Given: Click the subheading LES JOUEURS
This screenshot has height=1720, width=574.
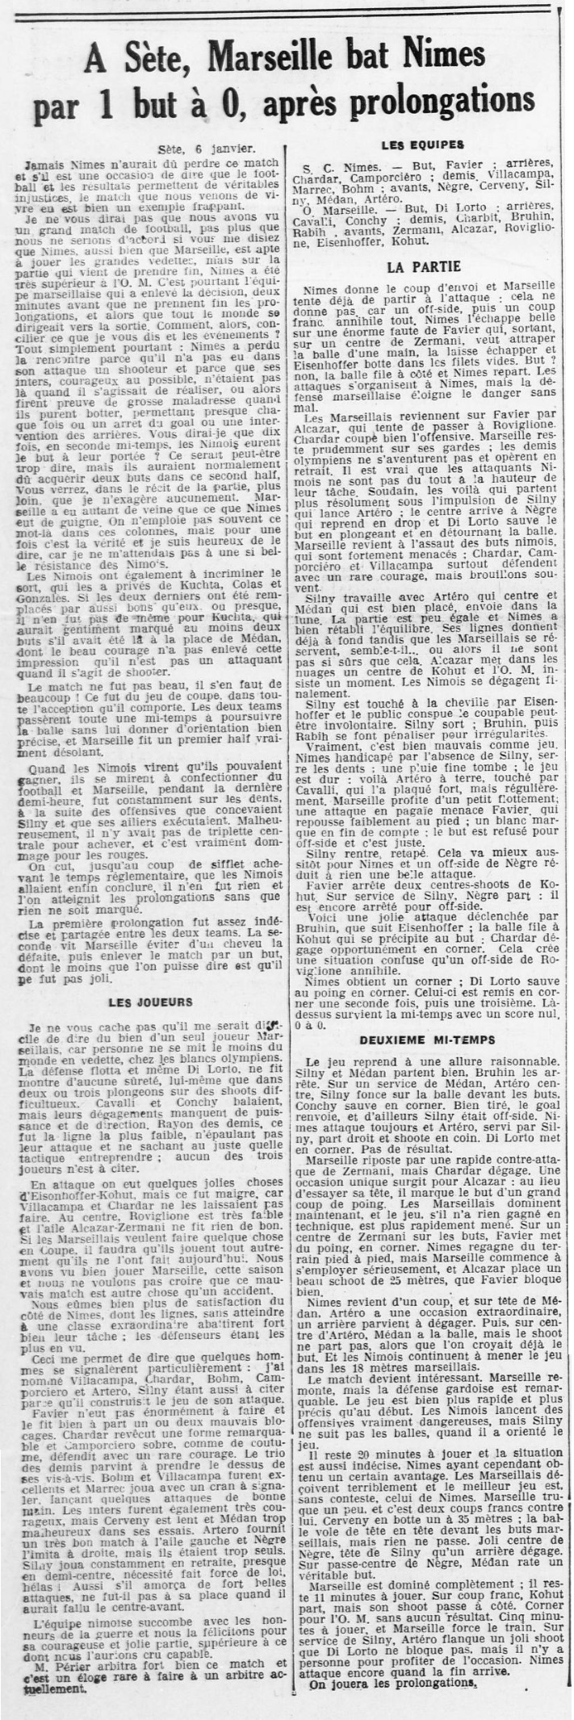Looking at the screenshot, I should coord(151,1002).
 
